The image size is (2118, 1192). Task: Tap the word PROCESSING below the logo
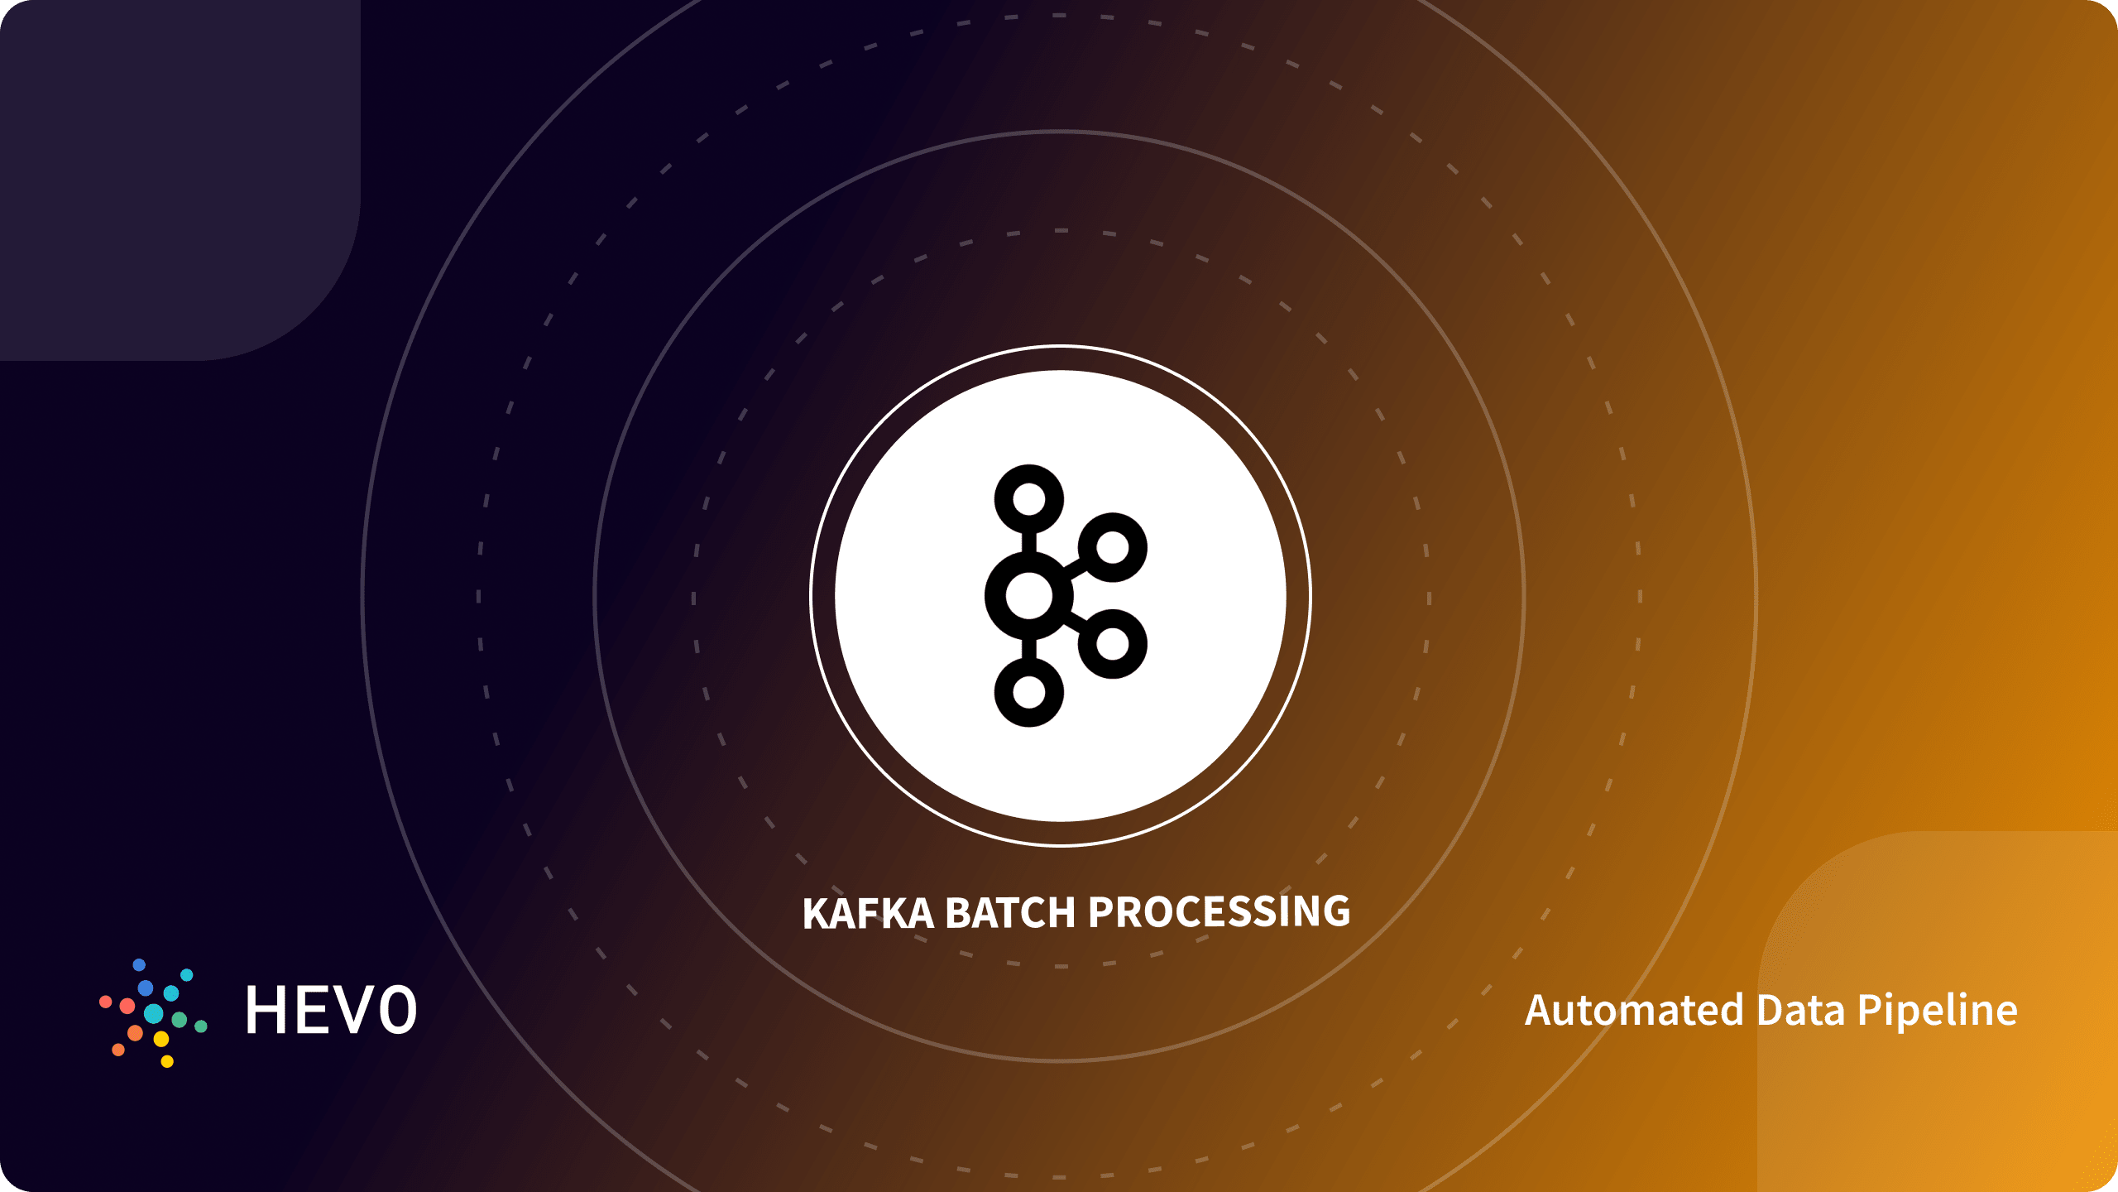tap(1219, 912)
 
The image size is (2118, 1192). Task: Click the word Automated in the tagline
tap(1634, 1010)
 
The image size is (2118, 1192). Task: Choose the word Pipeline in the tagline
tap(1938, 1010)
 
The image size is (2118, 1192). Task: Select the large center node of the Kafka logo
tap(1029, 596)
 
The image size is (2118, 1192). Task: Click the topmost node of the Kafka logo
tap(1029, 499)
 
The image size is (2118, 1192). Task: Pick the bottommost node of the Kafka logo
tap(1029, 692)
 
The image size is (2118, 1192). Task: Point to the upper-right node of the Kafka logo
tap(1113, 547)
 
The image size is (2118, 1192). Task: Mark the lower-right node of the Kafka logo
tap(1113, 644)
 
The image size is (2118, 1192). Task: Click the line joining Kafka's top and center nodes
tap(1029, 543)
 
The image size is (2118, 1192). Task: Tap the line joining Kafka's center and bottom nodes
tap(1029, 649)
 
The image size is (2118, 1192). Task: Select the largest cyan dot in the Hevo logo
tap(154, 1013)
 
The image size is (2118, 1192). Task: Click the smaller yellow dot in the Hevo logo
tap(167, 1061)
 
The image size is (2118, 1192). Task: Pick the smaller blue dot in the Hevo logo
tap(139, 965)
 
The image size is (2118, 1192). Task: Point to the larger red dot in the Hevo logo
tap(127, 1006)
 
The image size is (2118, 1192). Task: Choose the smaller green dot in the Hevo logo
tap(200, 1026)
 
